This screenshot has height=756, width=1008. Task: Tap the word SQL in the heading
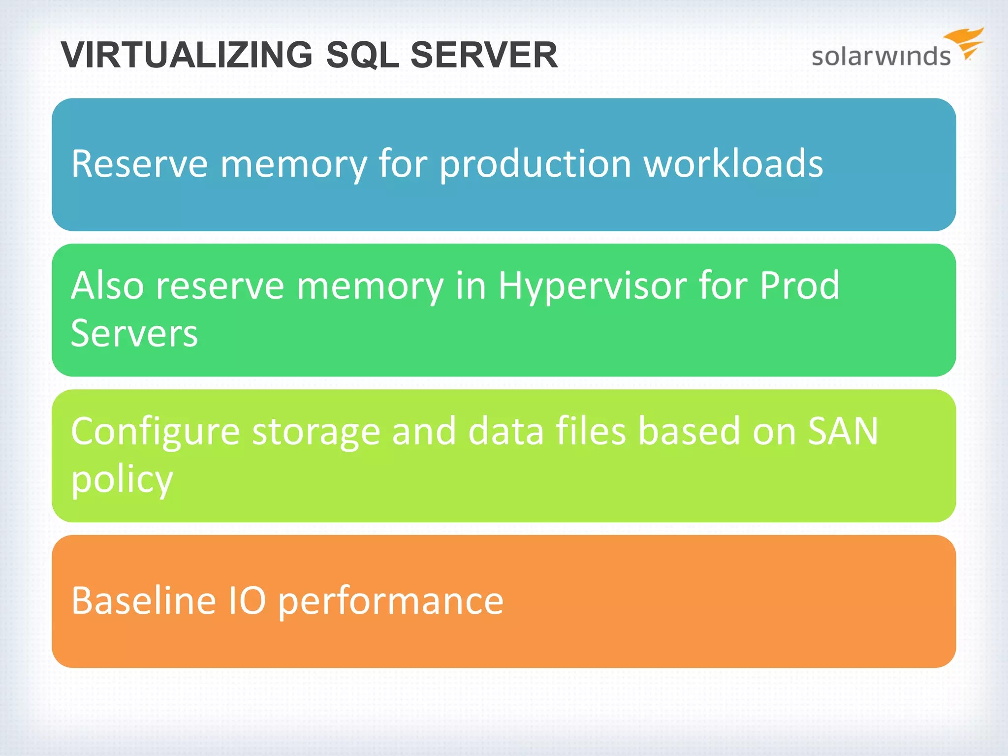[x=362, y=55]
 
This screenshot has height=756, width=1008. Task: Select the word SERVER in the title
[x=484, y=55]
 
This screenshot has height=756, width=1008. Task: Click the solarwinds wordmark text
[x=881, y=56]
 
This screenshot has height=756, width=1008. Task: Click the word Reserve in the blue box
[x=140, y=163]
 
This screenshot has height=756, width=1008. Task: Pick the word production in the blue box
[x=535, y=164]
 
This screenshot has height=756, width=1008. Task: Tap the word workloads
[x=733, y=163]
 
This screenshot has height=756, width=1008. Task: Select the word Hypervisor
[x=593, y=286]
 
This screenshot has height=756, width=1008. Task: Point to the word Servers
[x=134, y=334]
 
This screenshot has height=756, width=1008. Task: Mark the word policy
[x=122, y=479]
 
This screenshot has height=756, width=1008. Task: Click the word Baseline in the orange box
[x=144, y=600]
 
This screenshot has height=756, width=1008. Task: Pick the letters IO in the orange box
[x=248, y=600]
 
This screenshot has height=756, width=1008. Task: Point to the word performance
[x=391, y=601]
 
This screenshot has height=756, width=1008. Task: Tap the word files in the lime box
[x=591, y=431]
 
